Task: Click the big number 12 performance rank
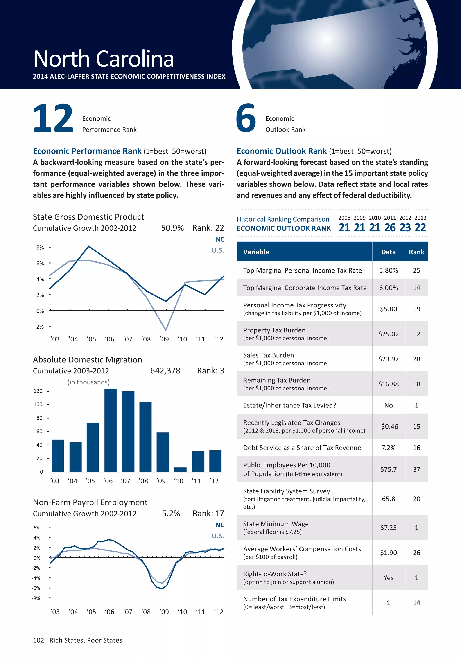pyautogui.click(x=53, y=118)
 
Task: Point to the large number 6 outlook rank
pyautogui.click(x=246, y=118)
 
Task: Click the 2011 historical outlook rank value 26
pyautogui.click(x=390, y=228)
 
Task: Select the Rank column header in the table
pyautogui.click(x=416, y=252)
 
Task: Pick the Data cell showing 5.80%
pyautogui.click(x=389, y=270)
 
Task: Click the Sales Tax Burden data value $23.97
pyautogui.click(x=389, y=359)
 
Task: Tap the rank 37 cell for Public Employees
pyautogui.click(x=416, y=469)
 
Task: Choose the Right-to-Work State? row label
pyautogui.click(x=275, y=574)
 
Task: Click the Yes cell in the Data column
pyautogui.click(x=389, y=578)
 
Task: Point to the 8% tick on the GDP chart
pyautogui.click(x=40, y=248)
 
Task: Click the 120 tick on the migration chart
pyautogui.click(x=38, y=391)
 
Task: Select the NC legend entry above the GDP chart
pyautogui.click(x=220, y=239)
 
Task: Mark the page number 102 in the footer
pyautogui.click(x=38, y=640)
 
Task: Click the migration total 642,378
pyautogui.click(x=165, y=371)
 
